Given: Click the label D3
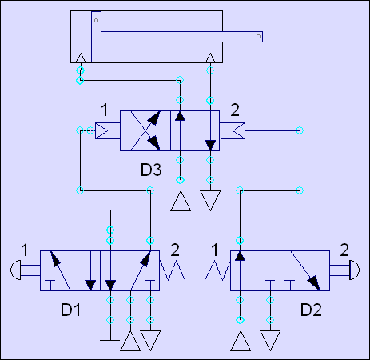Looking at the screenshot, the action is tap(151, 170).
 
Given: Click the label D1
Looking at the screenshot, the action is tap(70, 310).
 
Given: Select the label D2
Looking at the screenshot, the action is tap(311, 310).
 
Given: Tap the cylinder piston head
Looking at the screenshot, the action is tap(96, 37).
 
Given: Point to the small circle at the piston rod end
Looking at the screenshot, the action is tap(258, 37).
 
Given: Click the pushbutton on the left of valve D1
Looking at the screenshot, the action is tap(16, 270).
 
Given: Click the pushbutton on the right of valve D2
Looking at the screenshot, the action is tap(354, 270).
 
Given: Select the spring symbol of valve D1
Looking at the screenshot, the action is tap(173, 270).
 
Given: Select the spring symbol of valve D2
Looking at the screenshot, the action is tap(217, 270).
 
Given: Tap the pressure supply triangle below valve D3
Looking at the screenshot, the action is tap(181, 201).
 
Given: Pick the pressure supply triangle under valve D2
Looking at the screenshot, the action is tap(241, 341).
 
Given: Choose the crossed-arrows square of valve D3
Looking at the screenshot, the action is tap(145, 130).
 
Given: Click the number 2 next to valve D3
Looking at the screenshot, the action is tap(235, 110).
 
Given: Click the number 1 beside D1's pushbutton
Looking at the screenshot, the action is tap(25, 250).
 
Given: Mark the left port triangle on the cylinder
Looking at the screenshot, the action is tap(81, 58).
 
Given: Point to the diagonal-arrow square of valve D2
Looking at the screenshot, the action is tap(304, 270).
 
